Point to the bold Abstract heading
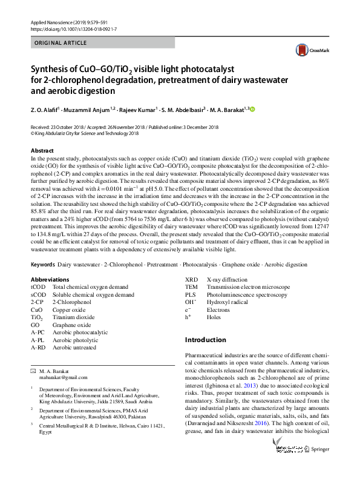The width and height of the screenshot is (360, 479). coord(42,149)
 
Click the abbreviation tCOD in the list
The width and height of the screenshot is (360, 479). coord(38,286)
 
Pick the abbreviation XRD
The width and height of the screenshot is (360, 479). coord(191,279)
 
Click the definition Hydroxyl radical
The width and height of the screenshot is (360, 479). coord(226,302)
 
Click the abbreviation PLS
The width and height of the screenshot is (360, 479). coord(191,294)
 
